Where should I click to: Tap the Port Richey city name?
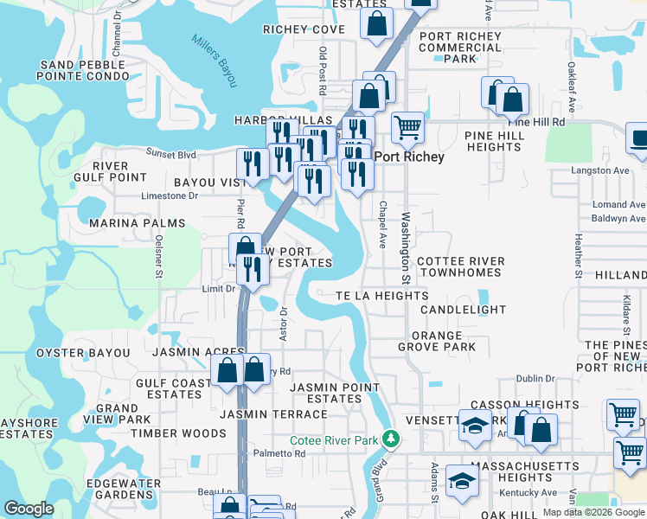[409, 157]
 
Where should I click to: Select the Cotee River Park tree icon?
[391, 439]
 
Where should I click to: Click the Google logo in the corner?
[29, 509]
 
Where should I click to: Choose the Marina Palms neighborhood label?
[137, 223]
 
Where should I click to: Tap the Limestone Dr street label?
[170, 196]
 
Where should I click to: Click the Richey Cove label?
[304, 29]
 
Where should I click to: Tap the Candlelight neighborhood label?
[463, 310]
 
